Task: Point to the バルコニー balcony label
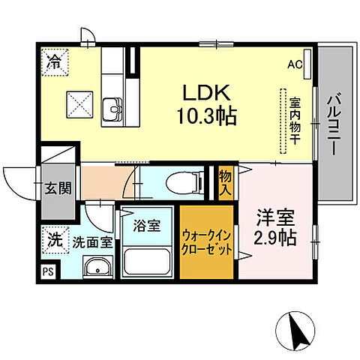(x=333, y=124)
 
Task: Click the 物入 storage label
(x=224, y=181)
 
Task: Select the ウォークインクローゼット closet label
(x=207, y=241)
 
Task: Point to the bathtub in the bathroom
(x=147, y=262)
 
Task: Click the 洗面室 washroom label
(x=93, y=242)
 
